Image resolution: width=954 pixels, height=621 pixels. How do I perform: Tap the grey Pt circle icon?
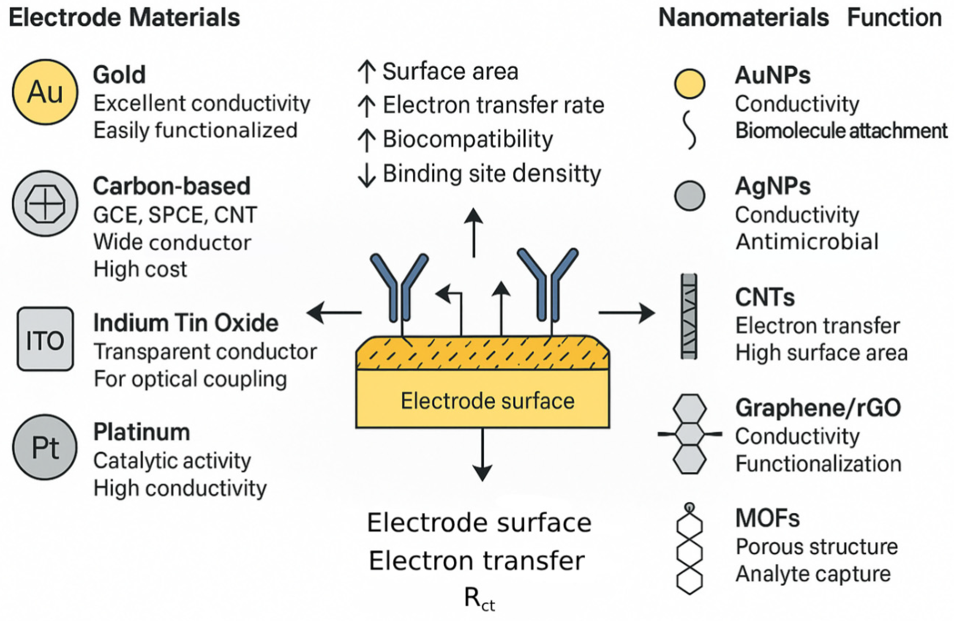tap(45, 447)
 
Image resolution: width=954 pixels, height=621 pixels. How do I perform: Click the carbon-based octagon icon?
tap(45, 204)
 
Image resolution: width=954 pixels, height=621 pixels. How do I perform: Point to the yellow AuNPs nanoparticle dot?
tap(690, 84)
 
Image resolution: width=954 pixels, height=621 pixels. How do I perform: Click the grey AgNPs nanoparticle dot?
tap(690, 196)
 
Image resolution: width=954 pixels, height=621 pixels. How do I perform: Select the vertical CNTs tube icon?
tap(689, 316)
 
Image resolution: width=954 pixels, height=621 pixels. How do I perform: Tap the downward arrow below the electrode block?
tap(482, 455)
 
